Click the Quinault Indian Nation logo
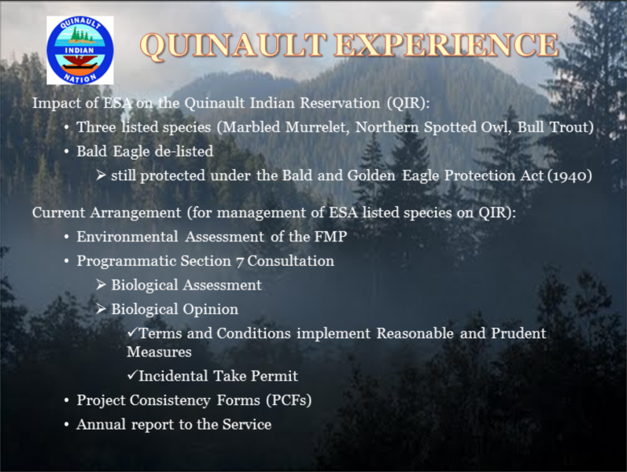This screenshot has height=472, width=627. click(x=80, y=50)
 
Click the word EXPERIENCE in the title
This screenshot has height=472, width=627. click(x=446, y=44)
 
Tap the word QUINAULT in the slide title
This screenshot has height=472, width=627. click(x=233, y=45)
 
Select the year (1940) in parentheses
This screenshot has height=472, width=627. click(x=570, y=175)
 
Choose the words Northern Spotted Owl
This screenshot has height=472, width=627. click(x=433, y=127)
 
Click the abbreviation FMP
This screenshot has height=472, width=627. click(x=330, y=237)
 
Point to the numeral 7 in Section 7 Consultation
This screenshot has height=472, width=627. click(x=239, y=262)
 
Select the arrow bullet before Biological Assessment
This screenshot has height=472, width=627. click(x=101, y=285)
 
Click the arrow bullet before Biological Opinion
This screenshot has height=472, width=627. click(x=101, y=309)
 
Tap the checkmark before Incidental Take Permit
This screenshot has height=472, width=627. click(x=132, y=374)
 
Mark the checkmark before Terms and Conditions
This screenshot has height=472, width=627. click(x=132, y=332)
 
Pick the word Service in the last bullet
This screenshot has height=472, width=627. click(x=247, y=424)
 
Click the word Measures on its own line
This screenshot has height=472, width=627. click(x=159, y=352)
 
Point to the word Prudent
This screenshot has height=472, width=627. click(x=518, y=334)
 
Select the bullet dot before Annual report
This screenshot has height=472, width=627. click(x=67, y=425)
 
